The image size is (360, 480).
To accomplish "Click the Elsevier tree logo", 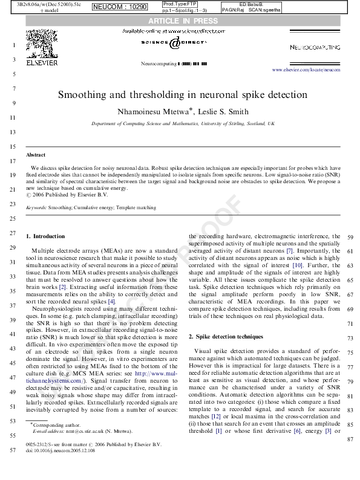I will [42, 44].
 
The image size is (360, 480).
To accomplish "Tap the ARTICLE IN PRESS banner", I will [180, 22].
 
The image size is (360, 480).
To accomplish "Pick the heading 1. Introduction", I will [46, 236].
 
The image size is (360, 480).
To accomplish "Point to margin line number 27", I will [13, 233].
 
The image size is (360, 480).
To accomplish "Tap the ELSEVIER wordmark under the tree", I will [42, 61].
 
